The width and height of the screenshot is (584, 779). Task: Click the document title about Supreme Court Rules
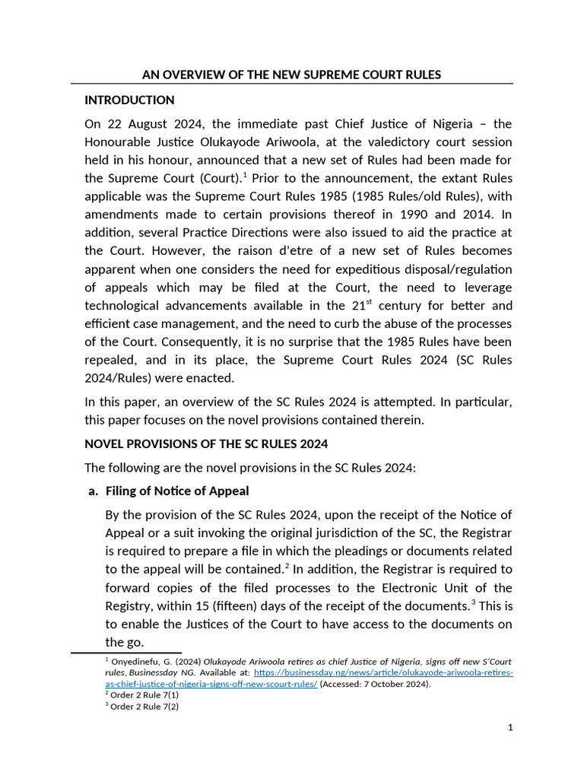coord(292,75)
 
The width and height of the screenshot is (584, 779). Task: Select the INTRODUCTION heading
coord(129,100)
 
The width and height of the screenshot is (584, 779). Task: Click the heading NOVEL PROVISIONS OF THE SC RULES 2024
coord(206,444)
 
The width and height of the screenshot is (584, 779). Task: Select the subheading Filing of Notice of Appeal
coord(177,491)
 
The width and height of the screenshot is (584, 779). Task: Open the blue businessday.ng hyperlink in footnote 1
coord(383,673)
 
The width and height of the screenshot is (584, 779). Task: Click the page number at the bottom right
coord(510,728)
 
